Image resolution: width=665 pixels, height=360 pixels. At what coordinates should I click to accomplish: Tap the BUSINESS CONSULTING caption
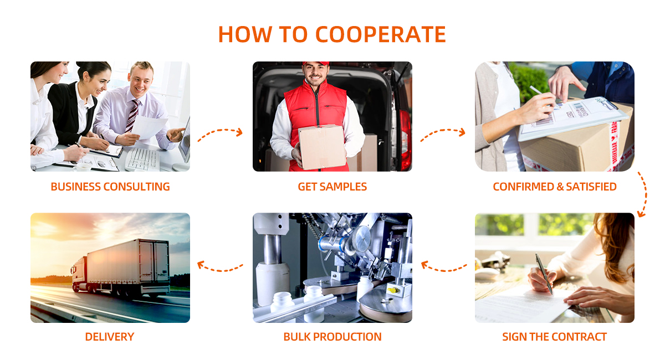[x=110, y=187]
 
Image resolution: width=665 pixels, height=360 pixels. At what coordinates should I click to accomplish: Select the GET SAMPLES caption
[x=332, y=187]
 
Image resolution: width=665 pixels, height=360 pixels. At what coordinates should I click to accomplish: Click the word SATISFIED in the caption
[x=591, y=187]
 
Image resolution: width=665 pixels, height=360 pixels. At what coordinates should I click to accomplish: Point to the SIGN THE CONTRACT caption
[x=554, y=337]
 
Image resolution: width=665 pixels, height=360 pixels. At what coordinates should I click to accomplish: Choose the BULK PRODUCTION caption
[x=332, y=337]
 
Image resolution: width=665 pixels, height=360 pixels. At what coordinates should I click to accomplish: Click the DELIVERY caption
[x=110, y=337]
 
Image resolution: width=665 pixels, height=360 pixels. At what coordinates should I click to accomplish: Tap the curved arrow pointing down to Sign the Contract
[x=646, y=193]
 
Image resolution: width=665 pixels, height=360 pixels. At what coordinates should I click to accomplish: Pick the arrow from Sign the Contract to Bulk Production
[x=444, y=270]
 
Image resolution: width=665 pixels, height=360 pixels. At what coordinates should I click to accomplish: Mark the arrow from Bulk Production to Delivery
[x=221, y=270]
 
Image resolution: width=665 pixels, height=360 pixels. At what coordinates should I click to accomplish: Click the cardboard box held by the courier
[x=323, y=147]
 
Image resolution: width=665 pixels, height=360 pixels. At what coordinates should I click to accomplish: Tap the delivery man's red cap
[x=316, y=63]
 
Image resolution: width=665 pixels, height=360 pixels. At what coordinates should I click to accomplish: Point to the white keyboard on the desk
[x=142, y=159]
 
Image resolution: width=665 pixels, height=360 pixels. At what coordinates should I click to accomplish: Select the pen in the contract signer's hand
[x=544, y=274]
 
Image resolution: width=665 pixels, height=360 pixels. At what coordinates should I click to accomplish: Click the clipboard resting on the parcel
[x=575, y=118]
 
